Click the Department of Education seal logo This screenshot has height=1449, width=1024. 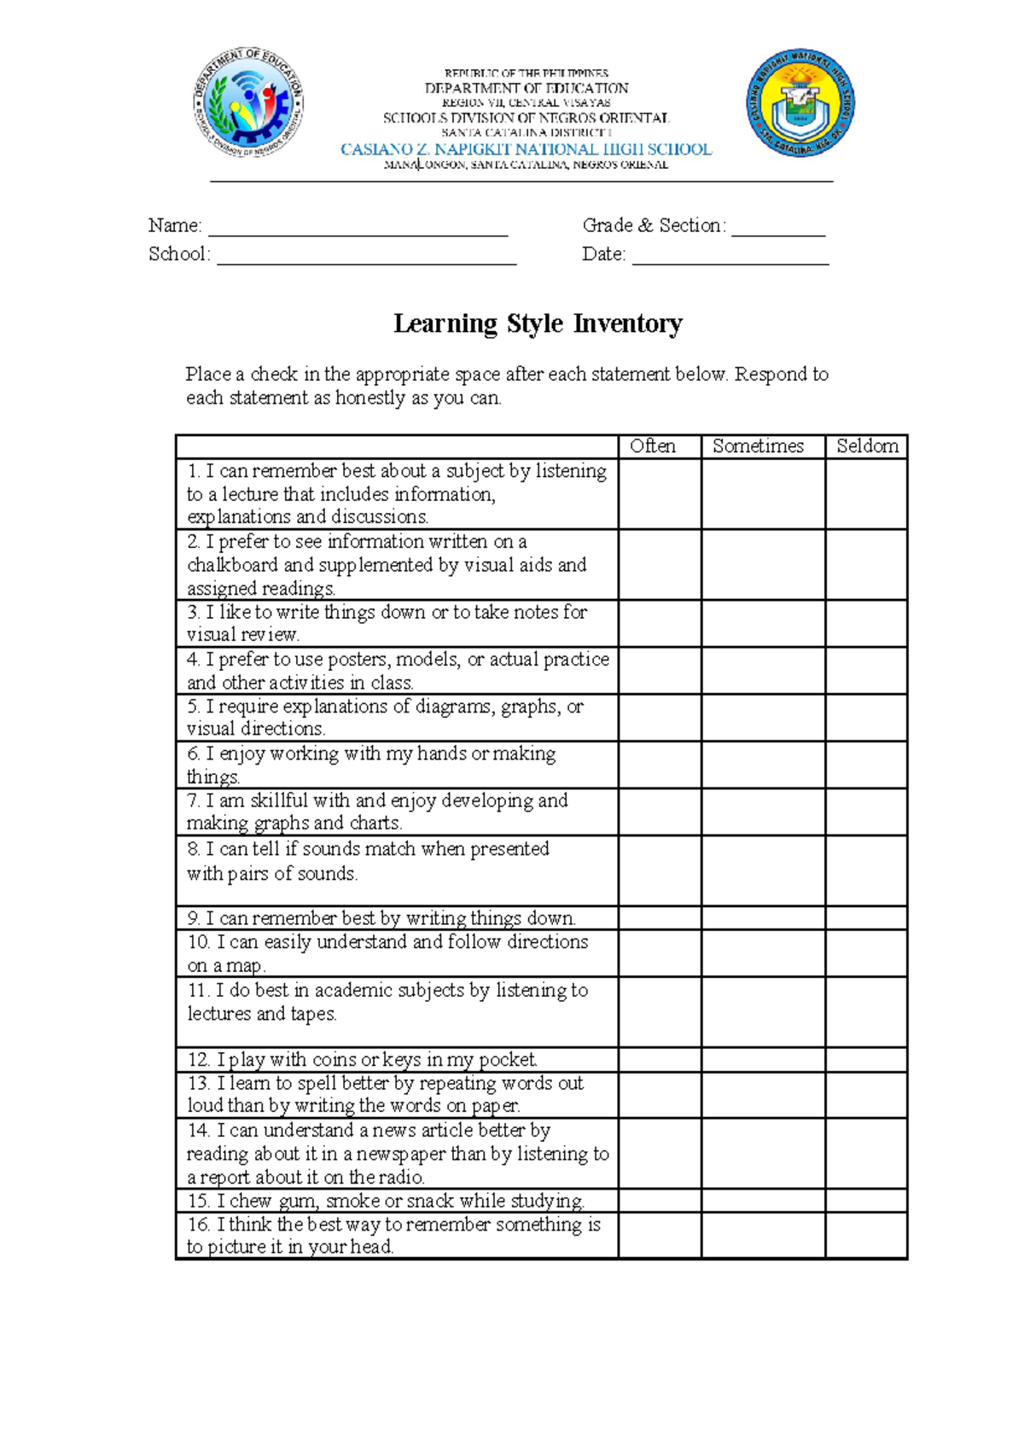click(x=247, y=102)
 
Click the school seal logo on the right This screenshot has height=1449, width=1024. click(x=800, y=102)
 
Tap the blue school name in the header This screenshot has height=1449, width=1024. click(x=526, y=149)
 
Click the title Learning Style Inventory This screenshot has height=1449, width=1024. click(x=538, y=324)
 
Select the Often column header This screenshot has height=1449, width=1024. click(x=653, y=446)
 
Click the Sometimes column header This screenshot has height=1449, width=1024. click(x=758, y=446)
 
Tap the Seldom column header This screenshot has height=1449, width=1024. click(x=867, y=446)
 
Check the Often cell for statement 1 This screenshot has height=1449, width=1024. click(x=660, y=494)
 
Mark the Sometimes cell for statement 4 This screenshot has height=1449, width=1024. click(x=763, y=670)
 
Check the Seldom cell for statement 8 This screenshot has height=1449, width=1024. click(x=866, y=870)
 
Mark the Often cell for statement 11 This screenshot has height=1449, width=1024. click(x=660, y=1012)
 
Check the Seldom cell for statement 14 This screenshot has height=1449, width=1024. click(x=866, y=1153)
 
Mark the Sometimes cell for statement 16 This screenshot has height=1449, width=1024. click(x=763, y=1235)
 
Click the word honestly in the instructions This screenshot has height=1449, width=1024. click(x=369, y=398)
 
